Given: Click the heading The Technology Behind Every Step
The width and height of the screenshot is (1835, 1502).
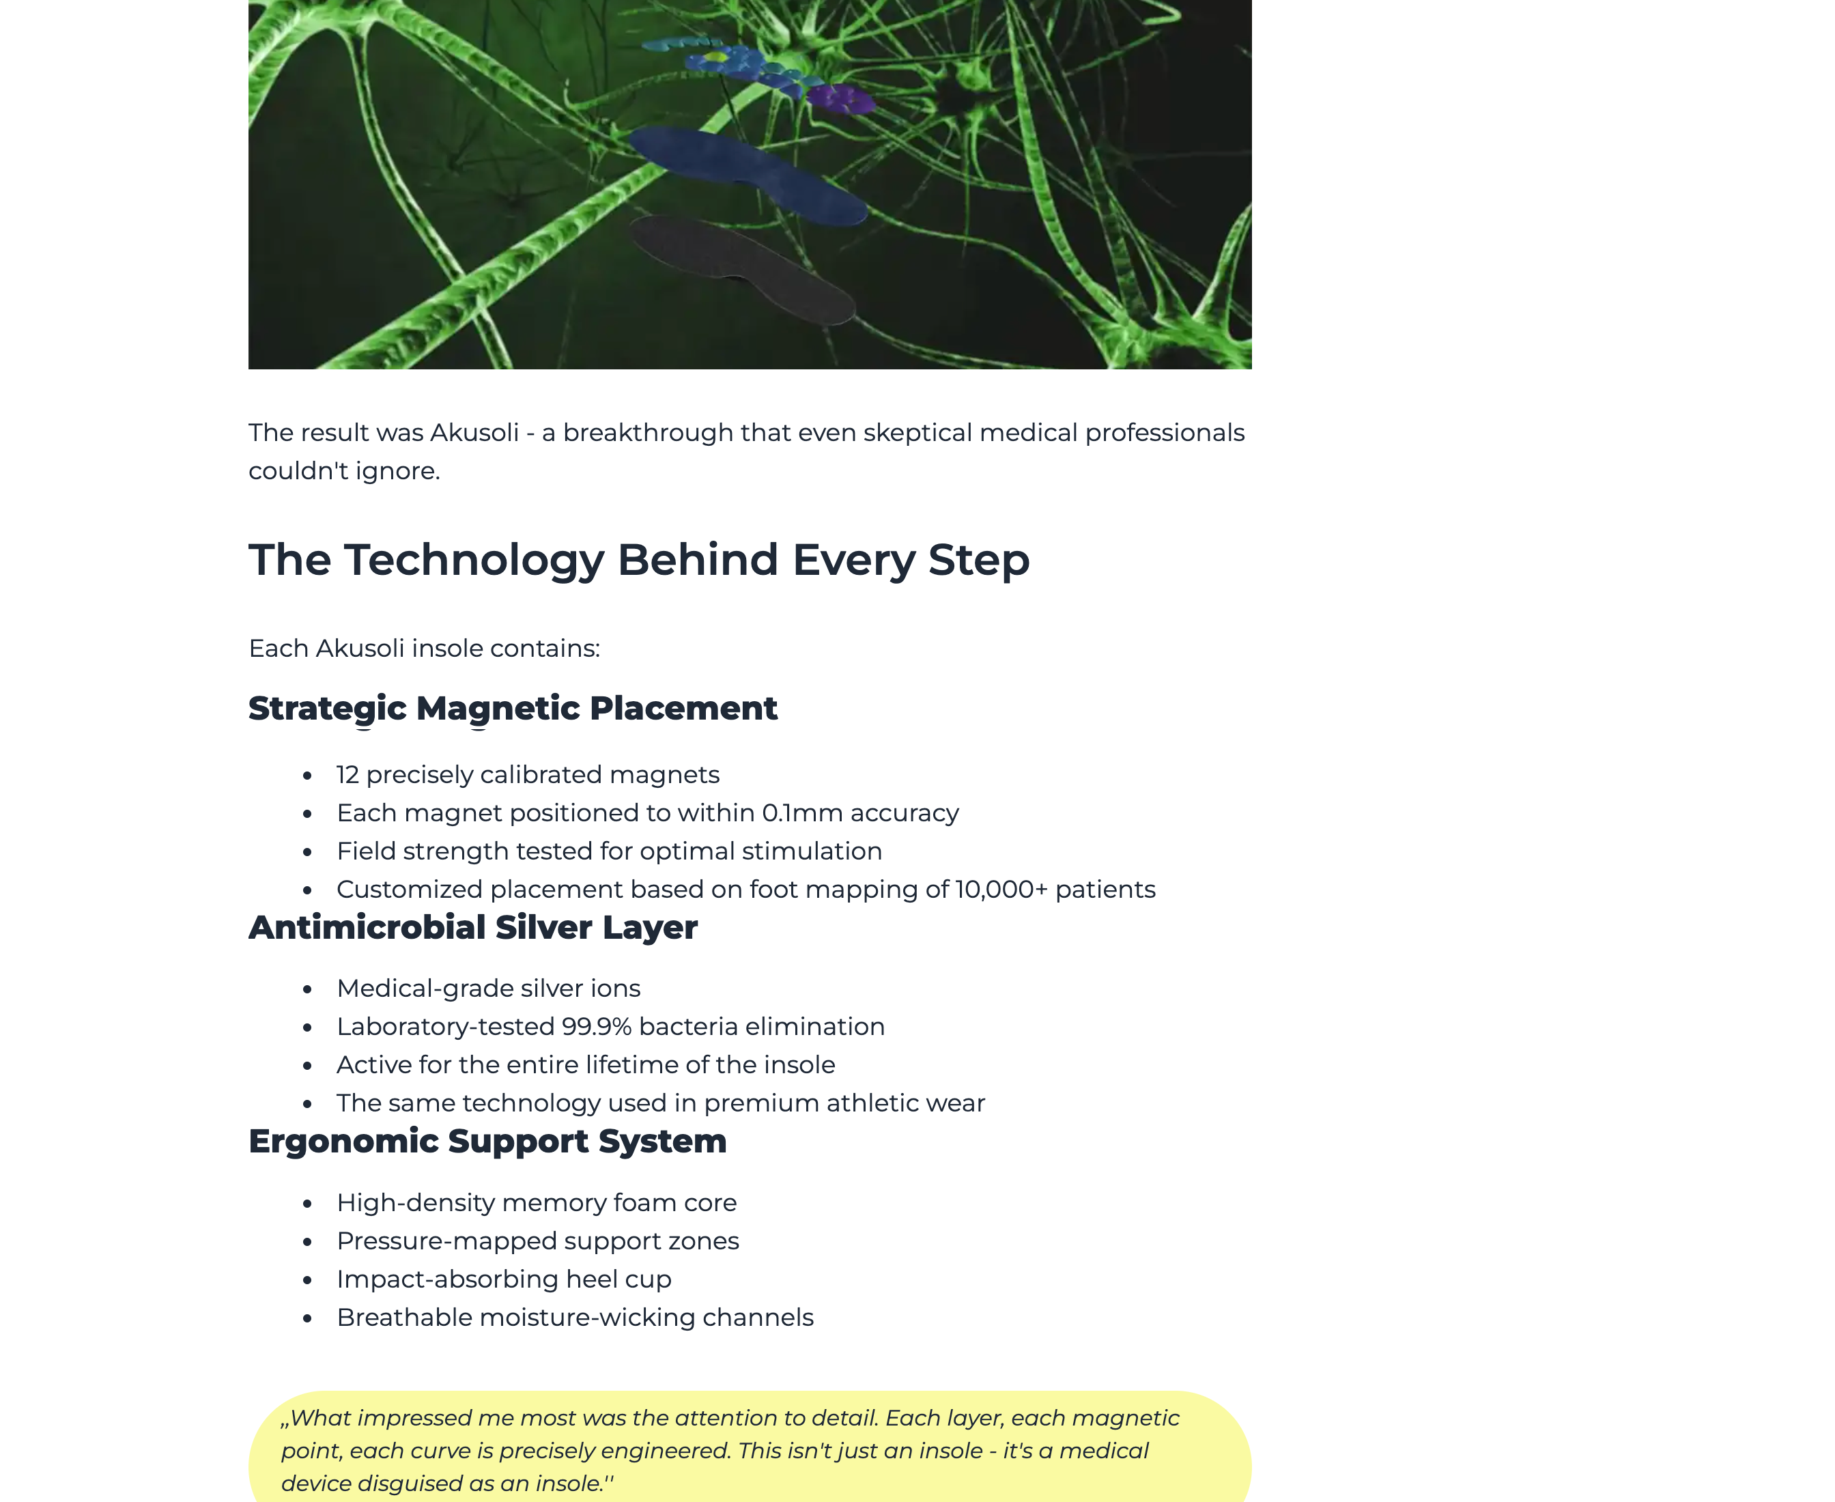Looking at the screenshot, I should coord(638,560).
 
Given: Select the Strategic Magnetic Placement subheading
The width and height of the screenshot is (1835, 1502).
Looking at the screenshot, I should coord(512,709).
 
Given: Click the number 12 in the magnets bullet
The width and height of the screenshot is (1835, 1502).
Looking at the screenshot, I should coord(347,774).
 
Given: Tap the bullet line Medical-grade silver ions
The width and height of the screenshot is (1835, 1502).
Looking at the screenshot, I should coord(488,988).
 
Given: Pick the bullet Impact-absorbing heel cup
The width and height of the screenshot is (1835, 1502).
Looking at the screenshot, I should coord(504,1279).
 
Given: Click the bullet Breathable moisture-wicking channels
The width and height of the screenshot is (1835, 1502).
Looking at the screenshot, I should coord(575,1317).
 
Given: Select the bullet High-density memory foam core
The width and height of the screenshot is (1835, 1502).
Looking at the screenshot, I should coord(537,1203).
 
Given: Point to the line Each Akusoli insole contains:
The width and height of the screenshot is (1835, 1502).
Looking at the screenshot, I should coord(424,648).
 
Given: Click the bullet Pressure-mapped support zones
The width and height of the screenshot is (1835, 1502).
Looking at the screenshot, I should coord(537,1241).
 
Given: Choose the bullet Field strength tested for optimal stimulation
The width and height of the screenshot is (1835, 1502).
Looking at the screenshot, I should coord(609,851).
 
